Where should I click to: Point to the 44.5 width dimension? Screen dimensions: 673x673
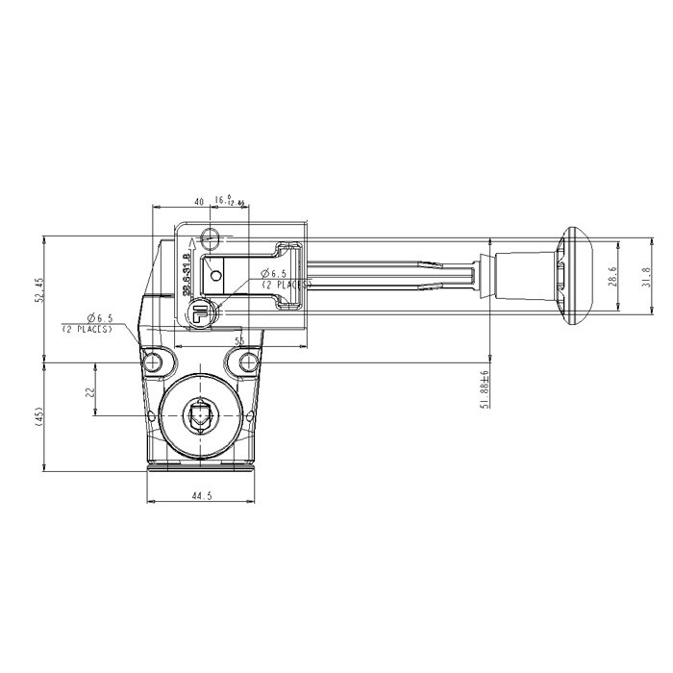pos(201,495)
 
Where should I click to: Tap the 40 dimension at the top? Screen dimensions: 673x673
pos(198,201)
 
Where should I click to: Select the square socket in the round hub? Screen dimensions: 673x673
pos(199,416)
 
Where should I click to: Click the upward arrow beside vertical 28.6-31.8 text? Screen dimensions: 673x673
pos(192,246)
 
